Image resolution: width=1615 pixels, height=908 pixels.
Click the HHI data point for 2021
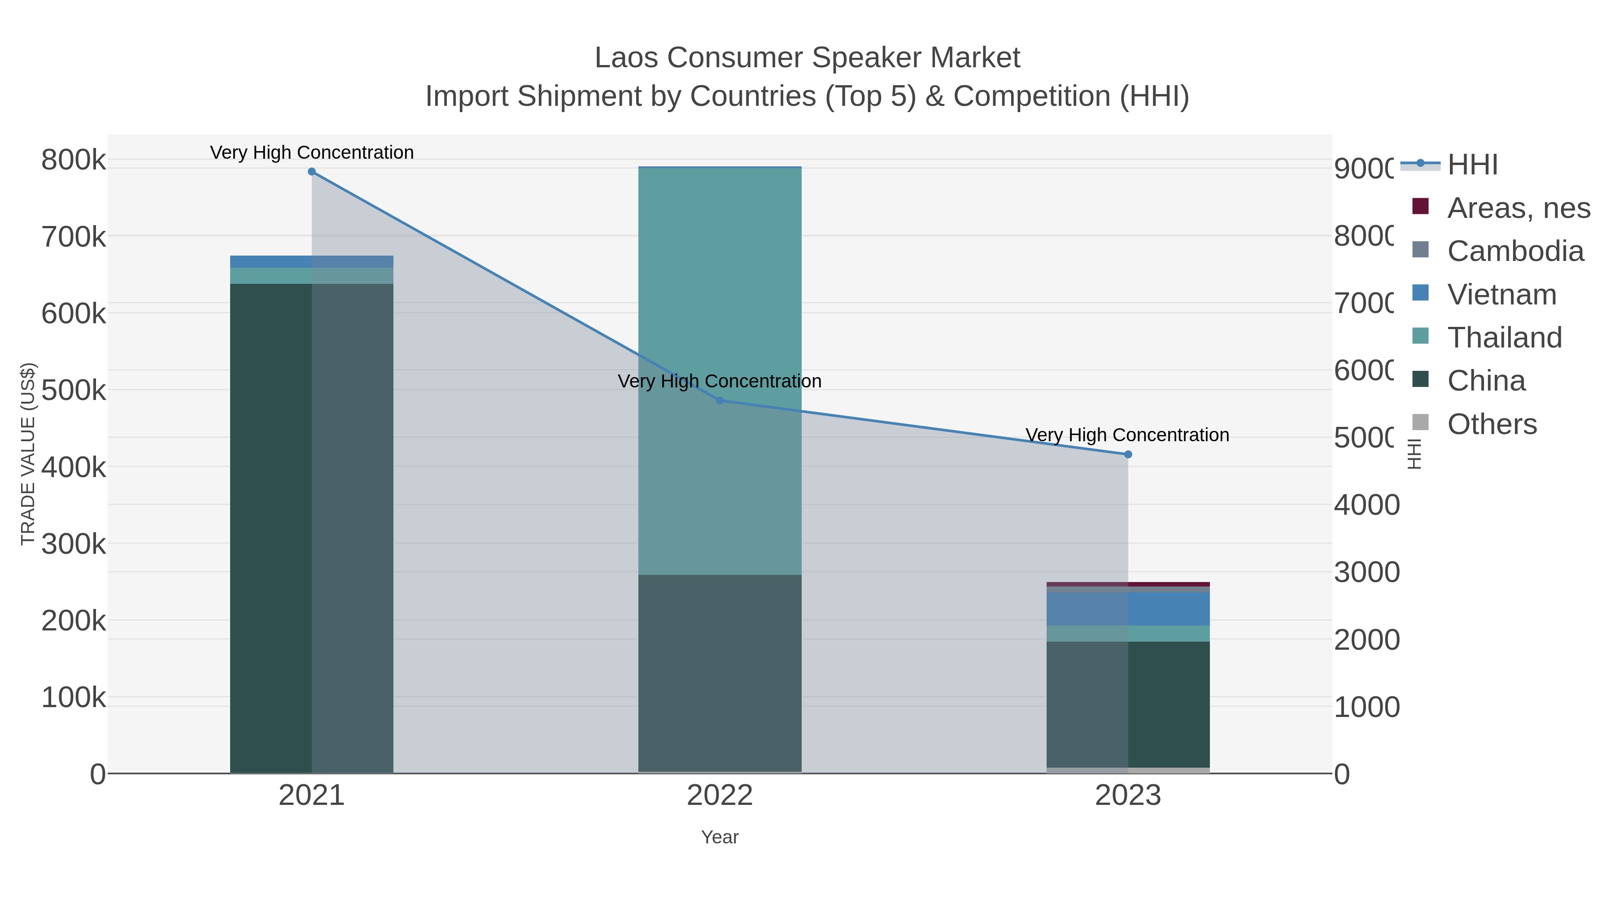[312, 172]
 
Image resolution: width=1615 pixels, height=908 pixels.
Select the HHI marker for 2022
[720, 400]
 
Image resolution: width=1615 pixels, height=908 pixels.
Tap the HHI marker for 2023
[1128, 454]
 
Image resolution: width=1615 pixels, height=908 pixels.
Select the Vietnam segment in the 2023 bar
[1128, 608]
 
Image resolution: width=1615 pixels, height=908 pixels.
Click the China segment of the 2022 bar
[720, 673]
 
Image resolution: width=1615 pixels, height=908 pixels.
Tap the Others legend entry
[1492, 424]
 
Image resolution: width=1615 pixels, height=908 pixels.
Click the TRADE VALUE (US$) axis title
[28, 454]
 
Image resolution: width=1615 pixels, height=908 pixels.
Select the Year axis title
[720, 837]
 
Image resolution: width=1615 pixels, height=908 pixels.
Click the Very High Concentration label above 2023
[1127, 435]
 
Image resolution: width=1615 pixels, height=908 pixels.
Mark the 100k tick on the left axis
[74, 697]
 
